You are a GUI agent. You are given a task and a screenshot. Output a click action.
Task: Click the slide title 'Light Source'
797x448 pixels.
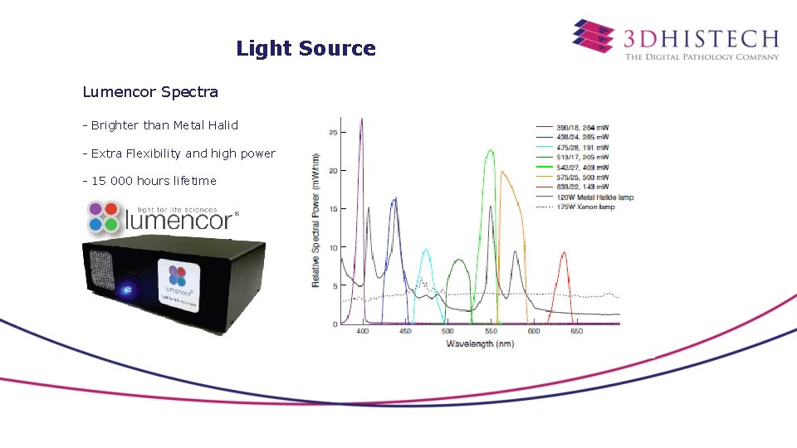tap(306, 48)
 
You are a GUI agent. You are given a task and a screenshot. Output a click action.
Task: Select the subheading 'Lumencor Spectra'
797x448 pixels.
tap(150, 91)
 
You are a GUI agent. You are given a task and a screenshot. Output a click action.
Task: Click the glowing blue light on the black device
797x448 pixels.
tap(127, 290)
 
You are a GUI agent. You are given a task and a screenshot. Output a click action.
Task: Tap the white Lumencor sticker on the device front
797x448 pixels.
tap(180, 284)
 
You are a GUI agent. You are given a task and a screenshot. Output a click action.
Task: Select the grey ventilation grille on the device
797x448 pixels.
tap(100, 270)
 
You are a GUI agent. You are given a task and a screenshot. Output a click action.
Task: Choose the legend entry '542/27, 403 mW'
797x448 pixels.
tap(583, 167)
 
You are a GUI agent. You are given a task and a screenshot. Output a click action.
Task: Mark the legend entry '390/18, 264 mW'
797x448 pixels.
tap(583, 127)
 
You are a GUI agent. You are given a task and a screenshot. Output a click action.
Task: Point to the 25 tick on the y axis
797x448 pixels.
tap(333, 132)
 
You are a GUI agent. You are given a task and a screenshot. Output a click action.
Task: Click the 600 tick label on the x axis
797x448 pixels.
tap(534, 331)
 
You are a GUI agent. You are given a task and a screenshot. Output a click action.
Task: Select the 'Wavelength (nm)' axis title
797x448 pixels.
tap(480, 343)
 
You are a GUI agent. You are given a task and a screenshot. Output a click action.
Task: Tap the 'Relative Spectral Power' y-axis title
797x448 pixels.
tap(316, 220)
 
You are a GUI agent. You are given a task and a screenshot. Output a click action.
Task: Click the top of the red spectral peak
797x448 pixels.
tap(564, 253)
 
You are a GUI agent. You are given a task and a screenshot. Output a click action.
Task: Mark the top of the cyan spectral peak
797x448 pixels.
tap(427, 250)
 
